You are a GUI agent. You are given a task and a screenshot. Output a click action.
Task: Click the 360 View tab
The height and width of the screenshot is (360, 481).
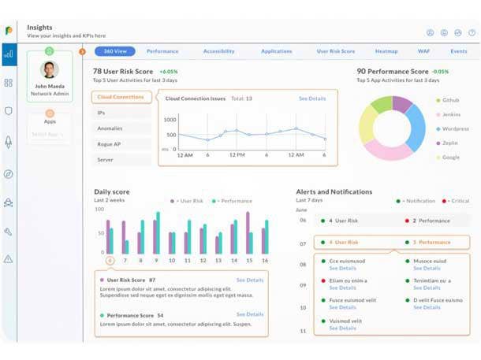(115, 51)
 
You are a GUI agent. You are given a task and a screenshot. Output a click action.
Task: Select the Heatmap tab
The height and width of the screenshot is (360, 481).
(386, 51)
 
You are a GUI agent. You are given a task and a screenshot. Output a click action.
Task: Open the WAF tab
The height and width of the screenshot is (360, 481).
(423, 51)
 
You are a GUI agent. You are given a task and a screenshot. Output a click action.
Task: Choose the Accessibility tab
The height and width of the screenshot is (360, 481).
(218, 51)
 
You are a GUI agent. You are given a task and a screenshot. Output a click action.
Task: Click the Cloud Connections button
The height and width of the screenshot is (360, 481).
(121, 97)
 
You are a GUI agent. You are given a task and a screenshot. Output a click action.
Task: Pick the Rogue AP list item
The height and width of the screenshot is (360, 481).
(110, 144)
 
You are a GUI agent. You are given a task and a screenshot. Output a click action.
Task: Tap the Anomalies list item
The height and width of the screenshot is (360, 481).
(110, 128)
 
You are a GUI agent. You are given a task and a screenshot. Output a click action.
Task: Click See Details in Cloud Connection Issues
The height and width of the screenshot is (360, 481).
(312, 98)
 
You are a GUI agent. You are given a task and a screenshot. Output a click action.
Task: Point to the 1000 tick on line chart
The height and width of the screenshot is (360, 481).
(170, 120)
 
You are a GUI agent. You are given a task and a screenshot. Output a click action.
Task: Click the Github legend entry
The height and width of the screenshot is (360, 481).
(450, 101)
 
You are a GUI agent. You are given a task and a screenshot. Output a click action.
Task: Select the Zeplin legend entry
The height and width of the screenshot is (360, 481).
(449, 143)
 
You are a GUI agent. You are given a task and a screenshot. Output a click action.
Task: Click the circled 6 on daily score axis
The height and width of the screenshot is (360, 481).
(110, 260)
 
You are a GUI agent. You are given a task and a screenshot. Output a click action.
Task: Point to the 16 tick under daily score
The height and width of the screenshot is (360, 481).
(265, 260)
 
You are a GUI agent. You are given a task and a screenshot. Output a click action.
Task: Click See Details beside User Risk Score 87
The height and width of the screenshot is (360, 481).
(250, 280)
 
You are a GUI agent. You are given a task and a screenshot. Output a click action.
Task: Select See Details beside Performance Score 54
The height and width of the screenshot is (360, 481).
(250, 314)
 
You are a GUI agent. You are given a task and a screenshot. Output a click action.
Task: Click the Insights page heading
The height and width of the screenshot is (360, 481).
(39, 27)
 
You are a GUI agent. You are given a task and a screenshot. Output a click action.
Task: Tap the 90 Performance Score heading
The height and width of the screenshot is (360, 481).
(392, 72)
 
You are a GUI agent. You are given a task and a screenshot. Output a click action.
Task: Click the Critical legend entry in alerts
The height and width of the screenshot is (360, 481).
(457, 201)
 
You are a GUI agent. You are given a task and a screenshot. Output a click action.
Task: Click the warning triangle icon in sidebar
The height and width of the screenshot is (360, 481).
(9, 258)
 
